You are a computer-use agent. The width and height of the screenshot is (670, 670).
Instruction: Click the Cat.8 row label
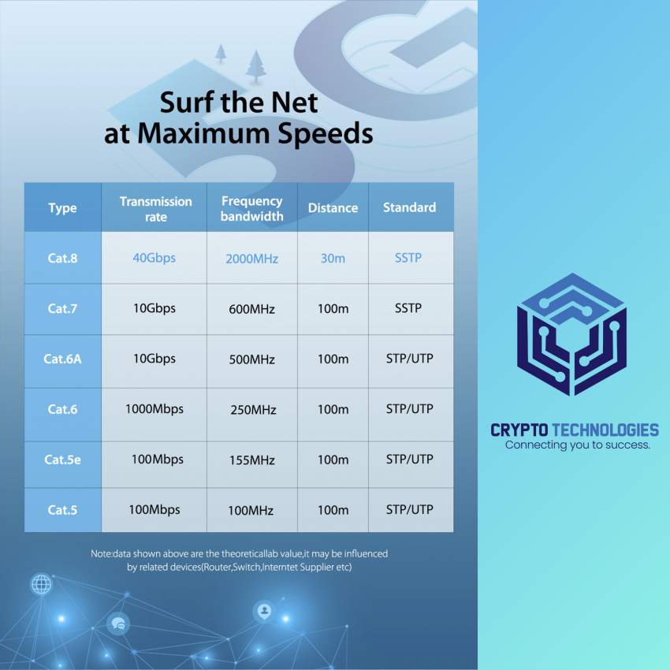coord(62,258)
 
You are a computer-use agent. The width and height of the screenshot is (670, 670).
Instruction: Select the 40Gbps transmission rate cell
coord(154,258)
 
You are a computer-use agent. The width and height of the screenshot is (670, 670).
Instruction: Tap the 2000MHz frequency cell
coord(251,259)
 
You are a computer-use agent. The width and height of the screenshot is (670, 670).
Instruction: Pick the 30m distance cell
coord(333,258)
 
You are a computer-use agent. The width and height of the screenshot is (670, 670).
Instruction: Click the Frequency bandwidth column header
coord(251,208)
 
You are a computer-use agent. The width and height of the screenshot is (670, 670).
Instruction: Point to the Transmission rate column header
coord(155,209)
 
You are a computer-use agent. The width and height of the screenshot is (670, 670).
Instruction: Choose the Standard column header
coord(409,207)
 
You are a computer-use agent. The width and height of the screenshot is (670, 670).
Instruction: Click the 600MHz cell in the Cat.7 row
coord(251,309)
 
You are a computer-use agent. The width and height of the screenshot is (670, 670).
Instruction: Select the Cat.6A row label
coord(62,359)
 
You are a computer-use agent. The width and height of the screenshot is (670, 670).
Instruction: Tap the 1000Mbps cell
coord(154,409)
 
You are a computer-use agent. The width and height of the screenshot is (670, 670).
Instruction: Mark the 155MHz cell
coord(251,460)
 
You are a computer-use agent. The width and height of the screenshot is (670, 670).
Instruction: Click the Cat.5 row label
coord(62,510)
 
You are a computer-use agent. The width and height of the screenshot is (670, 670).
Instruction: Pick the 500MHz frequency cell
coord(251,359)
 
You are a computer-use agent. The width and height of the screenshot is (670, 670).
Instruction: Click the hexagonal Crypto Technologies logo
coord(571,334)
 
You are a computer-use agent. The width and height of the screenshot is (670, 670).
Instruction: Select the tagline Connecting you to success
coord(577,445)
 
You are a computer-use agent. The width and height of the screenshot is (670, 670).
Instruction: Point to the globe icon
coord(42,584)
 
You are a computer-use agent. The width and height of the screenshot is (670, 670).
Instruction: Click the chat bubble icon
coord(118,623)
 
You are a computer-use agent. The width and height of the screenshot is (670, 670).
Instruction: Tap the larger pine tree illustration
coord(256,66)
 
